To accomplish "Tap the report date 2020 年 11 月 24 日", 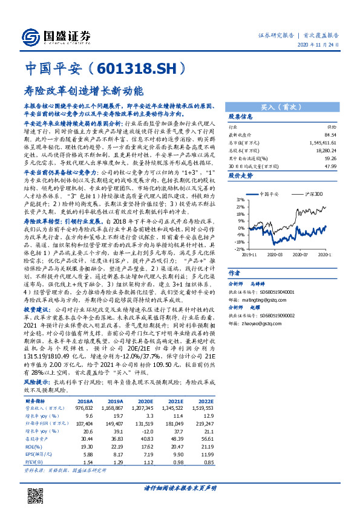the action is (321, 45).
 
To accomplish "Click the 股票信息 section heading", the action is (240, 116).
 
